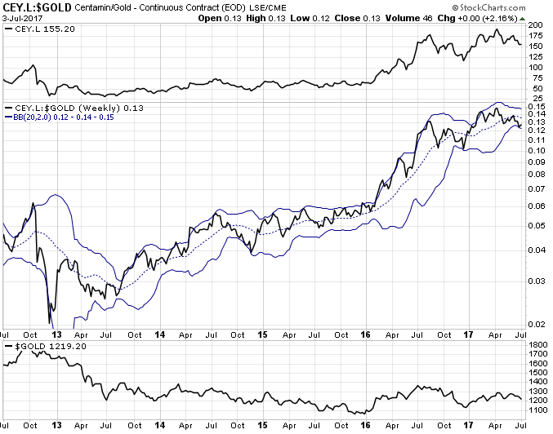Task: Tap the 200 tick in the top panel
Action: [x=535, y=25]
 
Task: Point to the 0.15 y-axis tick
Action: [x=536, y=107]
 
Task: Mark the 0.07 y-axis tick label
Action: [x=536, y=188]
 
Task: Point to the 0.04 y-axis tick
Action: [x=536, y=250]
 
